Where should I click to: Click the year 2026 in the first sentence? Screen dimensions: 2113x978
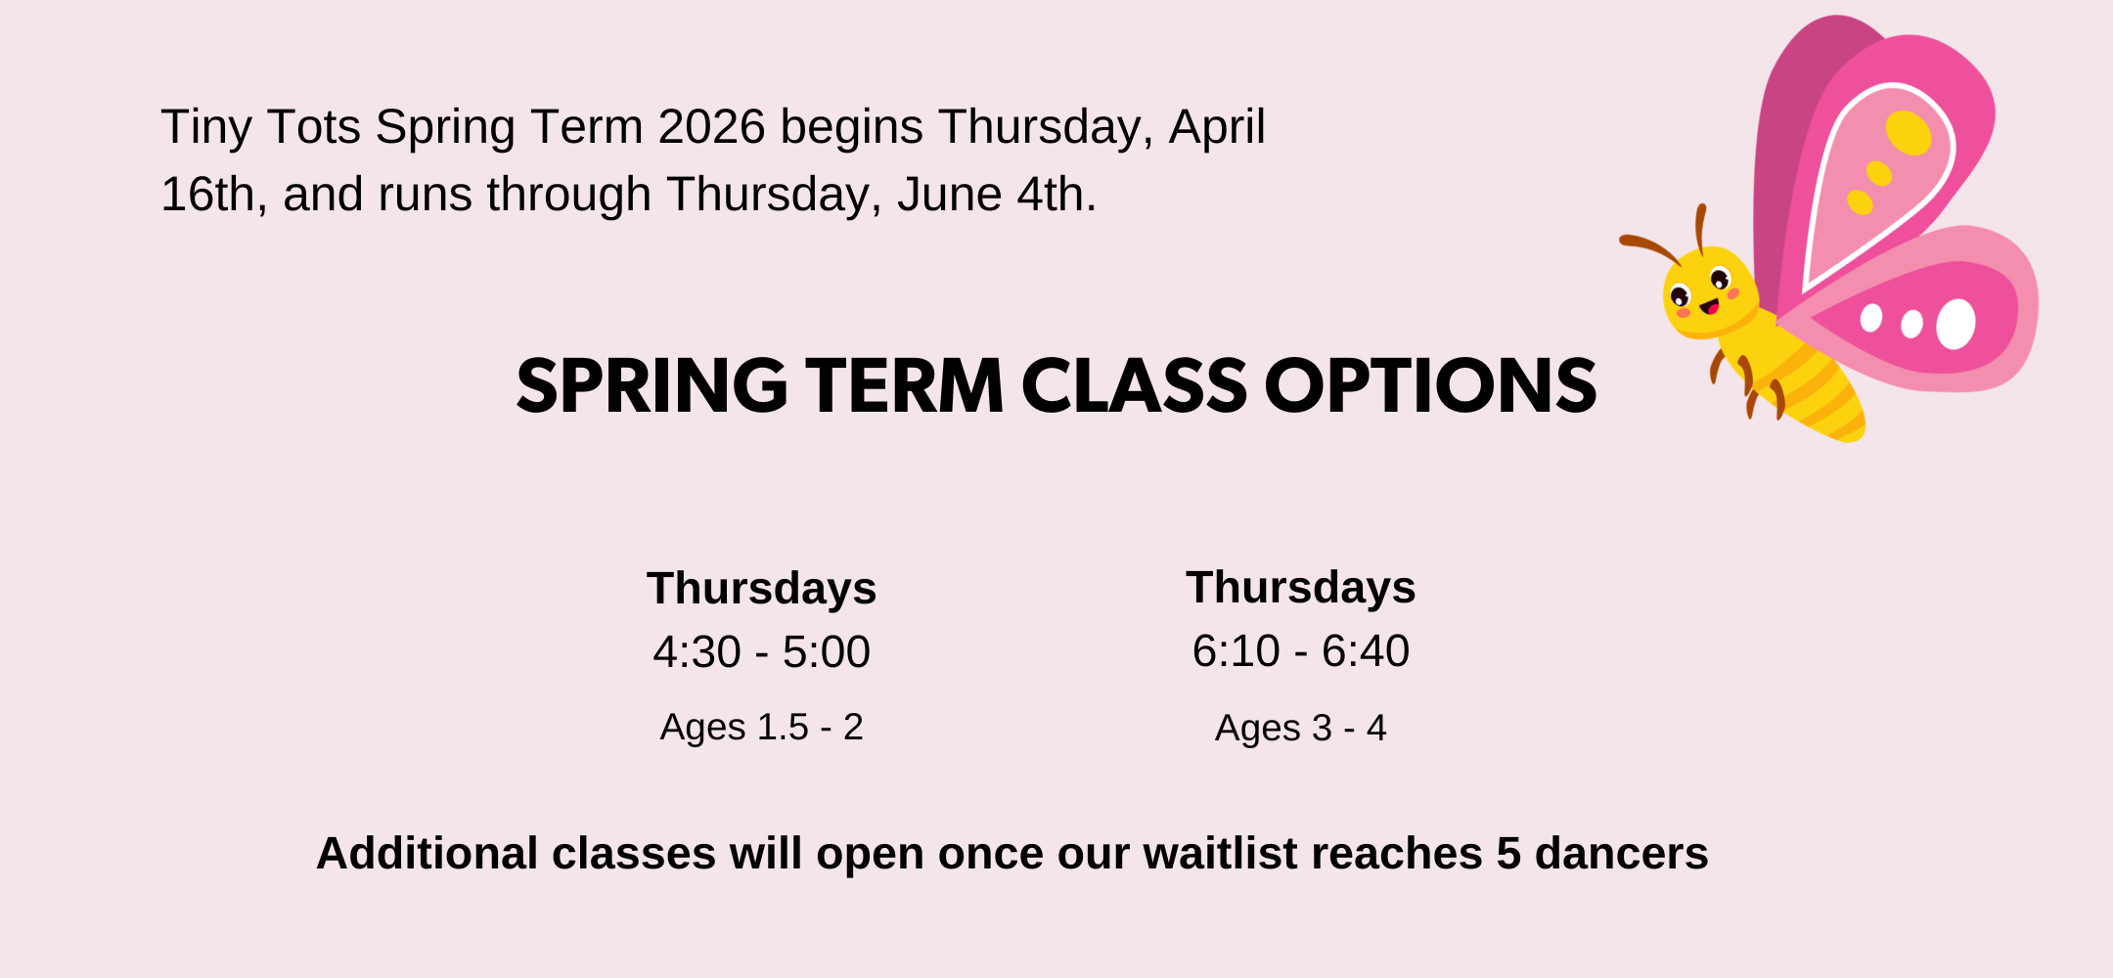coord(711,127)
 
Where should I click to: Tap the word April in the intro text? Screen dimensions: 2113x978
coord(1217,128)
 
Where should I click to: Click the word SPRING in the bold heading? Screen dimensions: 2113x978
coord(652,385)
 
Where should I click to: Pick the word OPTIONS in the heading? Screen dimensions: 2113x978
coord(1430,385)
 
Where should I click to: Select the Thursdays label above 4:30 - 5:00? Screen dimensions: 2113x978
coord(761,589)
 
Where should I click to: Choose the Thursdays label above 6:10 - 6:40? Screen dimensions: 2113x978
coord(1301,588)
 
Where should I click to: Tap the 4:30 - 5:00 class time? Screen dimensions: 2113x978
coord(761,652)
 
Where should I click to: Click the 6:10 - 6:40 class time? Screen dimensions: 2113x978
coord(1301,651)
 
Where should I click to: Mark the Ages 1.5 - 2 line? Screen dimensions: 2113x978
coord(761,728)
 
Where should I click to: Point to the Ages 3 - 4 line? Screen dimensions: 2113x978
coord(1301,729)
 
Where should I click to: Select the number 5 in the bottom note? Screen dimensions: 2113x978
coord(1508,854)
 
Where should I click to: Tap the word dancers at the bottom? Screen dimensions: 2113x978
coord(1622,854)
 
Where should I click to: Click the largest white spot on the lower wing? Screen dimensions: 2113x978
coord(1956,324)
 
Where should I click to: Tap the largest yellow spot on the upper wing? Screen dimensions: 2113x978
coord(1909,133)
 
